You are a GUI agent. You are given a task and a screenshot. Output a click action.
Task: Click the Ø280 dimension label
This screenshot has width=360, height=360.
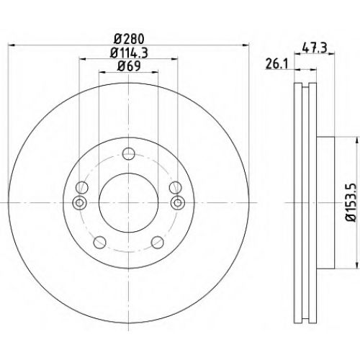[x=129, y=39]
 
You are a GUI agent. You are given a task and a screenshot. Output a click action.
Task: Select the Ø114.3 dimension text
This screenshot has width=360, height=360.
[x=129, y=53]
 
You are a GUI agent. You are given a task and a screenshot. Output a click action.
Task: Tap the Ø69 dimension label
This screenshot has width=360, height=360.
[x=129, y=66]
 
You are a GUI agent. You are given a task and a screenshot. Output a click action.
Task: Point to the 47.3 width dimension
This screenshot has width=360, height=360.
[x=315, y=48]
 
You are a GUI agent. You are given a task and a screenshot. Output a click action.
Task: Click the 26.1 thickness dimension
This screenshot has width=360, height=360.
[x=276, y=64]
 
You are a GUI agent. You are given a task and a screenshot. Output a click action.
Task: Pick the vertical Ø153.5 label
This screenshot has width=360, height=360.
[x=351, y=203]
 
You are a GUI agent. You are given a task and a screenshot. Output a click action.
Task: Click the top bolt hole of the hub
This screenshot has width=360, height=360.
[x=128, y=154]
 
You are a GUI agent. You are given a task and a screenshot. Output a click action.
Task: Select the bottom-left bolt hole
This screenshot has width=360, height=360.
[x=99, y=242]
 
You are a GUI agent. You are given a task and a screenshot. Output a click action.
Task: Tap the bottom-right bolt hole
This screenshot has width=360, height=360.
[x=158, y=242]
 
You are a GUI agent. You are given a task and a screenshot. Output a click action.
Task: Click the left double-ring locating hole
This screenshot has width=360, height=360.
[x=79, y=203]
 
